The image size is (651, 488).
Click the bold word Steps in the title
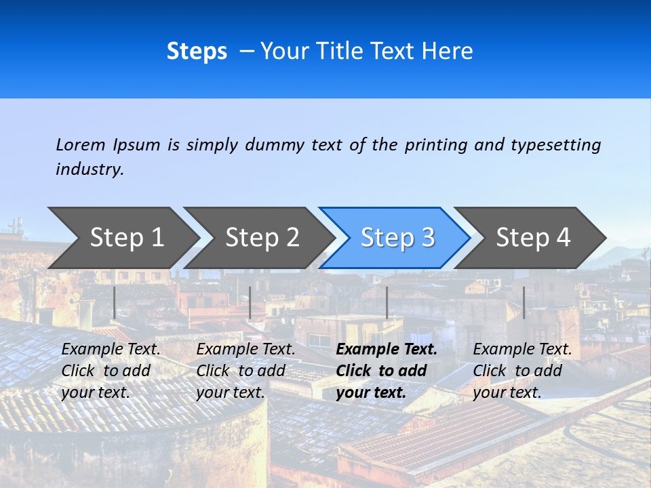(197, 52)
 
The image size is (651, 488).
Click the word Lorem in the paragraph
(81, 145)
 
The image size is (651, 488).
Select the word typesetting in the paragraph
(555, 145)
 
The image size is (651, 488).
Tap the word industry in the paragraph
(90, 169)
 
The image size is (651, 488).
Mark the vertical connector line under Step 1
(114, 302)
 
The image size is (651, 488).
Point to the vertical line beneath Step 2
(250, 302)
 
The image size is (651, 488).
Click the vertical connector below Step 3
(387, 302)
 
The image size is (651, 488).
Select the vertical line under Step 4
(524, 302)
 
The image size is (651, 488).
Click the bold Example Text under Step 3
(387, 350)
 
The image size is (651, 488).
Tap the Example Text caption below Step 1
(111, 350)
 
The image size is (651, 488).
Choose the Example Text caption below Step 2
(246, 350)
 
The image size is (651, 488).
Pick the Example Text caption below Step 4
(523, 350)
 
